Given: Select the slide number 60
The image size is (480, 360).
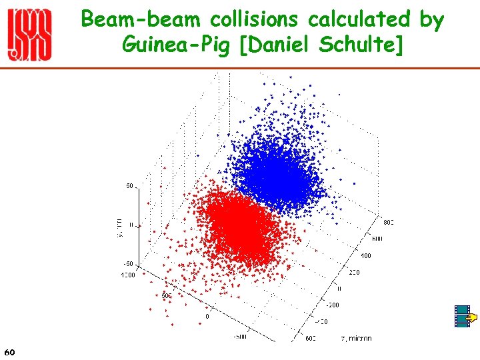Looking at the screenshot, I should [x=9, y=351].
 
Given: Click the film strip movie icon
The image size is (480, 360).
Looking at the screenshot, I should [x=462, y=317].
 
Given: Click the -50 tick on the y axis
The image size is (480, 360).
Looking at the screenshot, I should [x=129, y=264].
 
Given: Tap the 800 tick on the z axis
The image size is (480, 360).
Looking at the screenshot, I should [x=389, y=222].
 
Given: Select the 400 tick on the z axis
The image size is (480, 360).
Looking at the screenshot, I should [x=366, y=255].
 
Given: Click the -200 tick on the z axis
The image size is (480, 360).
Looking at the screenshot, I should [x=332, y=305].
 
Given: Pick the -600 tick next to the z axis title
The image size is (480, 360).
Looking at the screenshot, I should [x=311, y=339].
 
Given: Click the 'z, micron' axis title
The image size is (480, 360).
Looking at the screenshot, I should [x=356, y=339].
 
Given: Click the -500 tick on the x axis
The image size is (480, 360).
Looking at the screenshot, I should [x=239, y=337].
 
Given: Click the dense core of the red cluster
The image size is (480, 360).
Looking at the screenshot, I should [x=239, y=227].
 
